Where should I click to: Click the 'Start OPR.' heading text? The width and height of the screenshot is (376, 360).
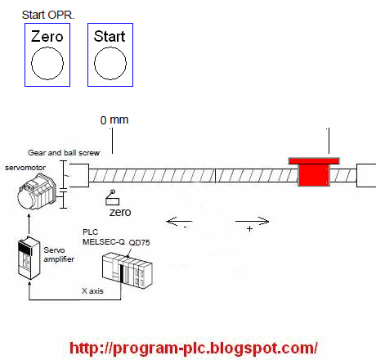tap(48, 15)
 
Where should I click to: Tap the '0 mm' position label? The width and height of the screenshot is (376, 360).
tap(114, 119)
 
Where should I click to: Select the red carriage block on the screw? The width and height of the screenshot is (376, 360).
tap(314, 172)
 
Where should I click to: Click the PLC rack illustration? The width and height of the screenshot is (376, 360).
tap(128, 270)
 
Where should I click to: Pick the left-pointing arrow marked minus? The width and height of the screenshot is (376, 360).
tap(180, 221)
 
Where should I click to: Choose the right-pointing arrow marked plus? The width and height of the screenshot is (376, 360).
tap(253, 221)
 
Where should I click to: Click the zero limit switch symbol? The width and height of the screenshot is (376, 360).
tap(113, 197)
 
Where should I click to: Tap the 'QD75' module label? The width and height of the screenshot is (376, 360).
tap(139, 242)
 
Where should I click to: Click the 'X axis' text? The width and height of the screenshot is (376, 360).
tap(92, 290)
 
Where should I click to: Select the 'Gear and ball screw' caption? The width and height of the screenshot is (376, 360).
tap(64, 153)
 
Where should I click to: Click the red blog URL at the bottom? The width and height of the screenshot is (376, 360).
tap(194, 348)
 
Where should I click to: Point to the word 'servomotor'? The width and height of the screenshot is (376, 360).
tap(25, 168)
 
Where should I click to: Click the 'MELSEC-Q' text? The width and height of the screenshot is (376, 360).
tap(104, 241)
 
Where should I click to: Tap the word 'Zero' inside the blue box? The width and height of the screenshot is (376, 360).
tap(47, 37)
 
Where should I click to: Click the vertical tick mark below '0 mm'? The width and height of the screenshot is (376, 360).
tap(112, 141)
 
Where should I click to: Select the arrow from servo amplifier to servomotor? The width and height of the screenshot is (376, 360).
tap(29, 224)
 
